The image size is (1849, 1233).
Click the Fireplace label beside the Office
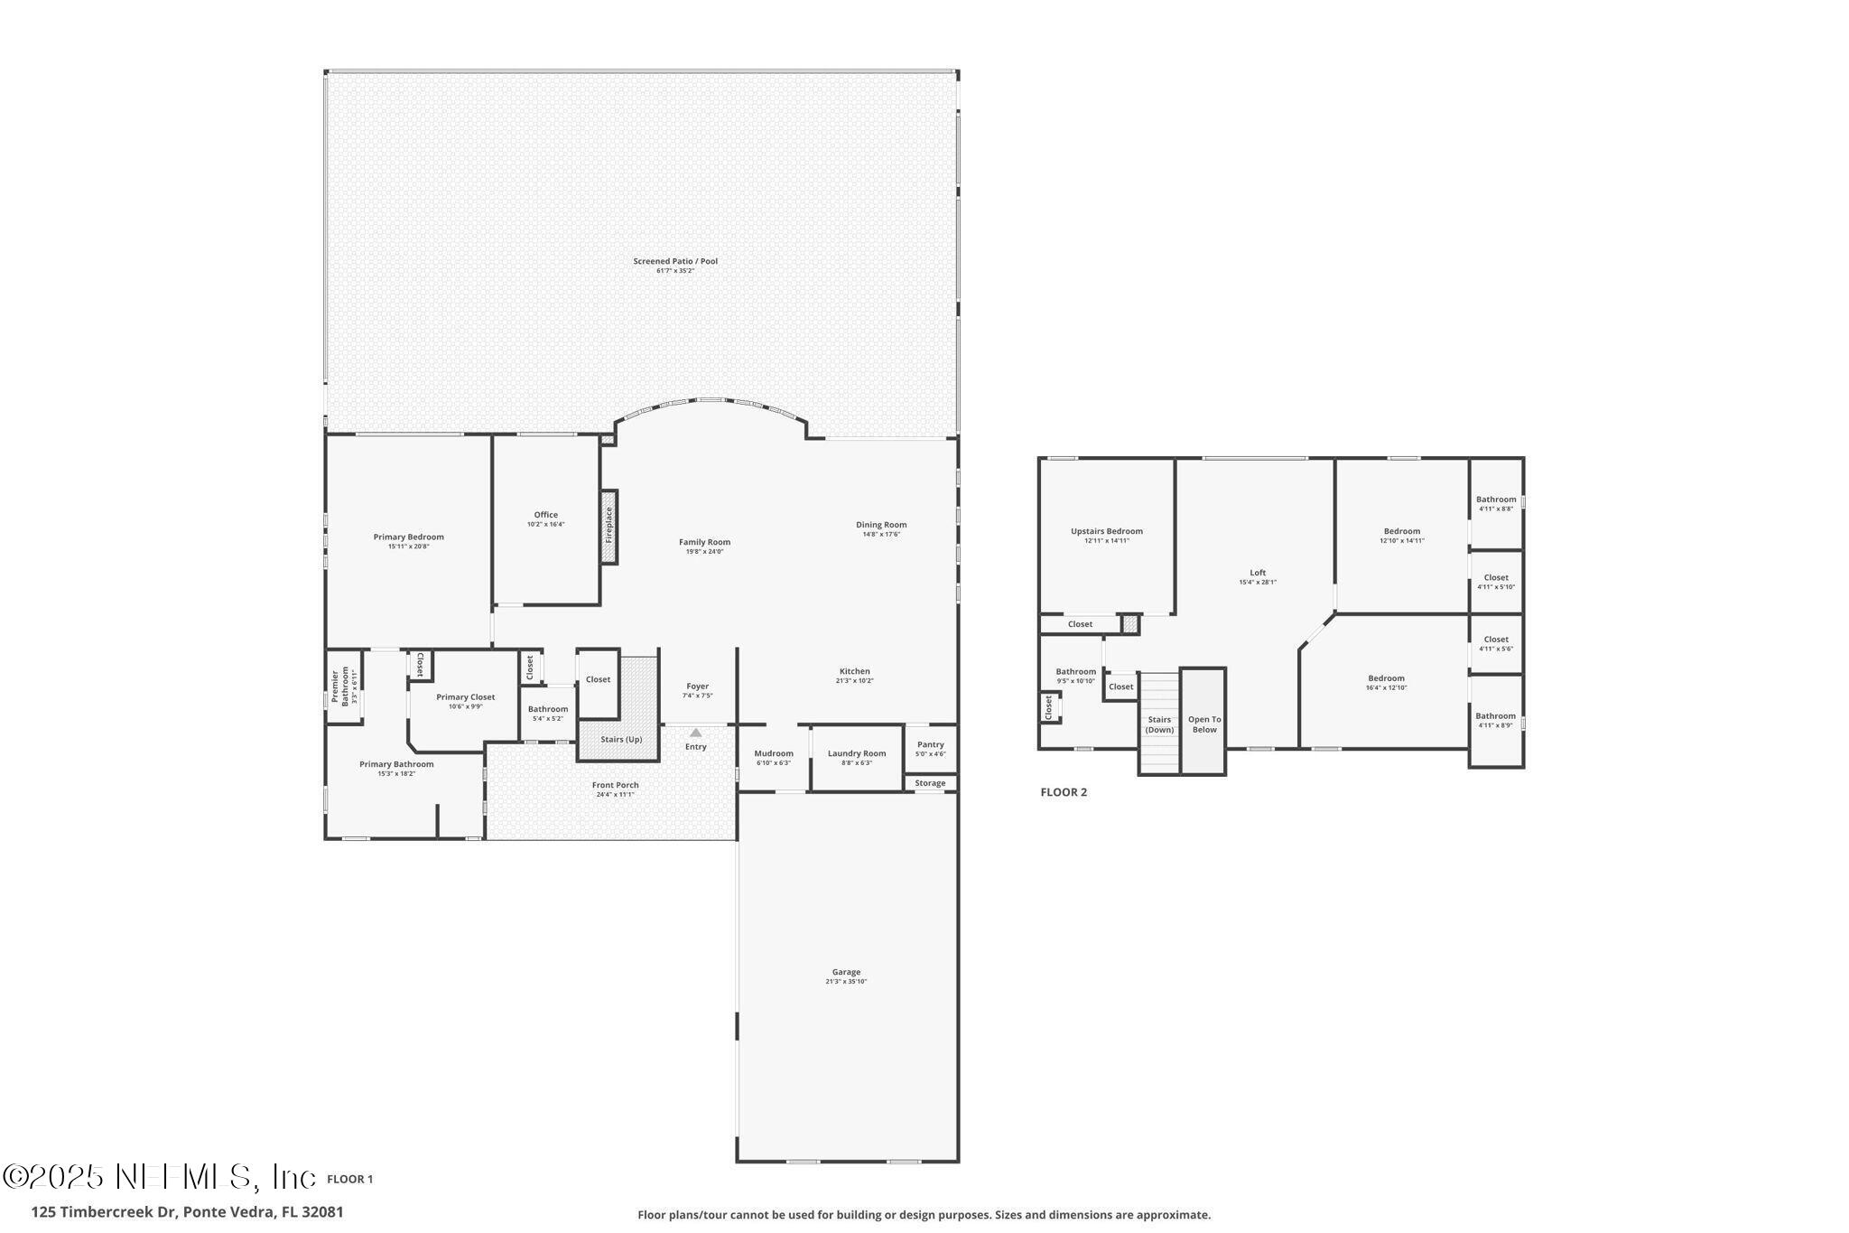(609, 527)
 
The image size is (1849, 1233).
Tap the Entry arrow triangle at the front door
(695, 733)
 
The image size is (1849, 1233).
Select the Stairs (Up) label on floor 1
(621, 739)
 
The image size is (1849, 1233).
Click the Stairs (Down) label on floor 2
(1159, 724)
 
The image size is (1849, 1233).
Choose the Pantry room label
(930, 744)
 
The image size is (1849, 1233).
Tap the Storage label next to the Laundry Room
(930, 783)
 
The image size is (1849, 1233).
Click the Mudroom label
(774, 753)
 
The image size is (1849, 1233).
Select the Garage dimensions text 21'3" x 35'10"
(846, 982)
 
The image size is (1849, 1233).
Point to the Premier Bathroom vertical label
(339, 687)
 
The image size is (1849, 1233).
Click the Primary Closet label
(465, 696)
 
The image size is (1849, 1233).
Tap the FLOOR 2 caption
(1064, 792)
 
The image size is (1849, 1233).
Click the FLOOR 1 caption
(349, 1179)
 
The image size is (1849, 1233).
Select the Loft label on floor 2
(1258, 573)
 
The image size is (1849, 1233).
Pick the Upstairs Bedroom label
(1106, 531)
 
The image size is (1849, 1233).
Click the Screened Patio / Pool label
(675, 261)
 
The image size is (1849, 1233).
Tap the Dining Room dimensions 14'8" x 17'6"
(881, 535)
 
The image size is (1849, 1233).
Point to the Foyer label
(697, 687)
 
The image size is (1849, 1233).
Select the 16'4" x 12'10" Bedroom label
(1386, 678)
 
